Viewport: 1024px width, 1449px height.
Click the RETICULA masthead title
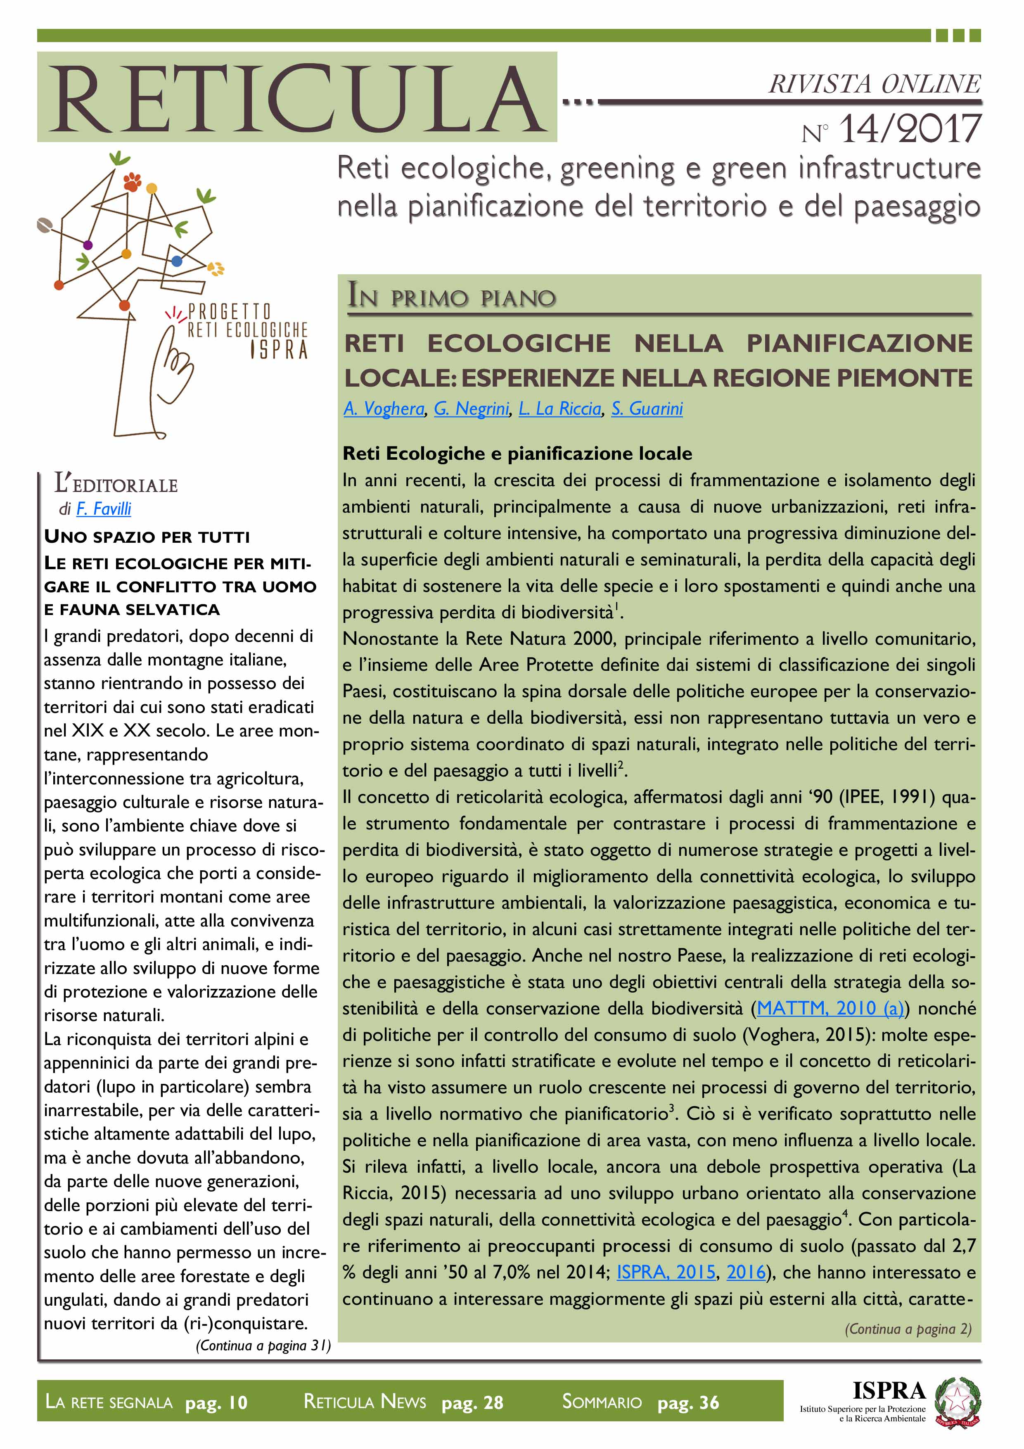pyautogui.click(x=296, y=98)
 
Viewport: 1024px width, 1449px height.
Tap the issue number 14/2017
pyautogui.click(x=909, y=129)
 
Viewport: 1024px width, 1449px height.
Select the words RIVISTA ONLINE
pyautogui.click(x=874, y=84)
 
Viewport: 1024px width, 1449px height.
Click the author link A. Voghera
pyautogui.click(x=384, y=409)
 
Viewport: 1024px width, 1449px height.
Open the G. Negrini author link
pyautogui.click(x=471, y=409)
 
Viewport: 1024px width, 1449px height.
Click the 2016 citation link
pyautogui.click(x=746, y=1272)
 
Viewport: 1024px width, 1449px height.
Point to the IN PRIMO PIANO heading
pyautogui.click(x=452, y=296)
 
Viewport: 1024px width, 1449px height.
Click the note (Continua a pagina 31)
pyautogui.click(x=263, y=1345)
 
